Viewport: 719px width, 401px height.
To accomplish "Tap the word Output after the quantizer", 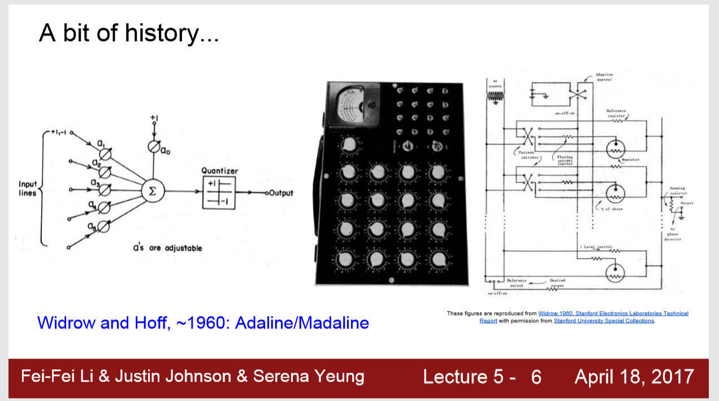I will pyautogui.click(x=281, y=193).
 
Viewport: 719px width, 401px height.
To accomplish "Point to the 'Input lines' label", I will pyautogui.click(x=28, y=189).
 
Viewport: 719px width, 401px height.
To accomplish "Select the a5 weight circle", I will pyautogui.click(x=103, y=227).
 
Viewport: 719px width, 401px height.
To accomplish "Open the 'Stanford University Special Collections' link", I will pyautogui.click(x=604, y=321).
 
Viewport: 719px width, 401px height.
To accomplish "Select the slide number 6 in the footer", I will pyautogui.click(x=536, y=377).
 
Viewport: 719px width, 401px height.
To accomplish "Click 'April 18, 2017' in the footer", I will pyautogui.click(x=634, y=377).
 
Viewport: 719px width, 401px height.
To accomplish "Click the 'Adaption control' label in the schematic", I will pyautogui.click(x=604, y=77).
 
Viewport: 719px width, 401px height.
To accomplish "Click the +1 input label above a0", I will pyautogui.click(x=154, y=117).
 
